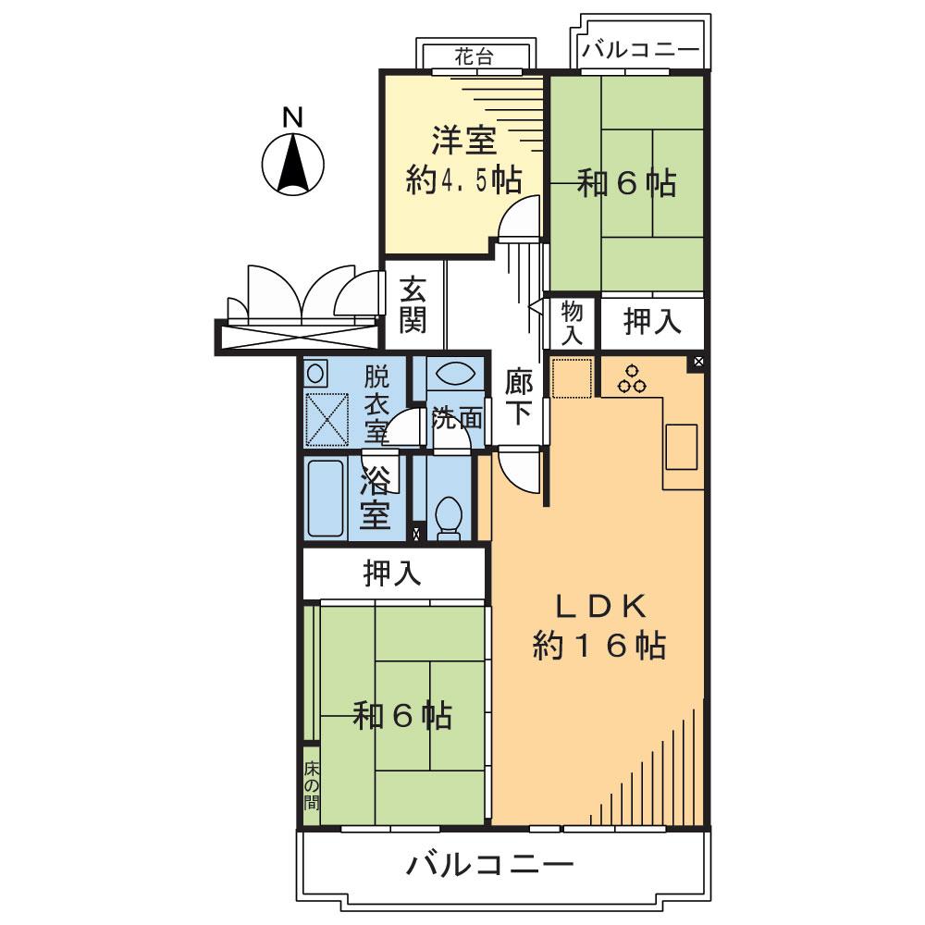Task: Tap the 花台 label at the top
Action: (x=474, y=57)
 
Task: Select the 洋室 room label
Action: (x=464, y=140)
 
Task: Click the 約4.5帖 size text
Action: (x=464, y=179)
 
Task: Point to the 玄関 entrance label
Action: (x=413, y=304)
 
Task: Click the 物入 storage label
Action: (x=572, y=323)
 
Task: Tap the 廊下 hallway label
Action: (x=519, y=397)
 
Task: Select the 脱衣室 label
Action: (x=376, y=404)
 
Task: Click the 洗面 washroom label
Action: (x=457, y=419)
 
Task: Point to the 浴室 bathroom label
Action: (x=376, y=498)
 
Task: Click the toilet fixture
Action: (x=450, y=519)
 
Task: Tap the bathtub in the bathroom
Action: (x=326, y=499)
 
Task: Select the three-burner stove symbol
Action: (x=632, y=379)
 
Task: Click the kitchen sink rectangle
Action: (x=682, y=447)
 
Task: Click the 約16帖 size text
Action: (x=599, y=646)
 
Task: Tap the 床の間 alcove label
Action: (x=311, y=786)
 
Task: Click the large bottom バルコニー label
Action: (x=490, y=866)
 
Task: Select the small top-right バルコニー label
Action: (x=641, y=49)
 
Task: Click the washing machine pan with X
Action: (x=327, y=419)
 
